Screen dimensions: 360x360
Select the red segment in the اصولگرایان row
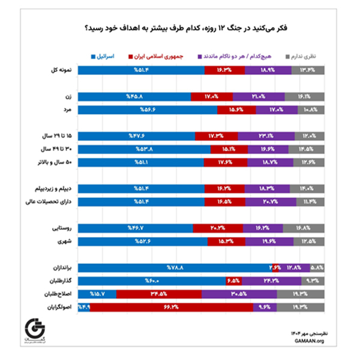coord(172,308)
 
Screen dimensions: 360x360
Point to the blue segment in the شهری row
coord(143,241)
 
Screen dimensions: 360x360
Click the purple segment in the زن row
coord(259,96)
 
